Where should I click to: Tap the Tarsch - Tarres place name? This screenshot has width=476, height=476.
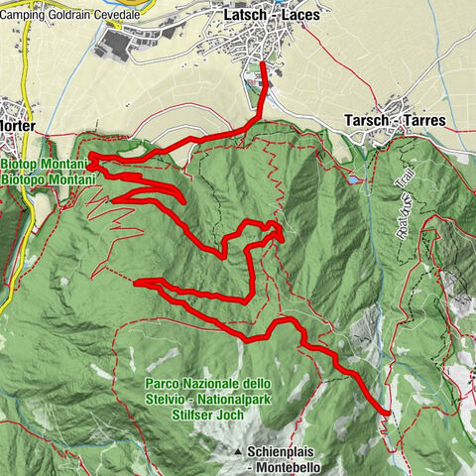(x=395, y=120)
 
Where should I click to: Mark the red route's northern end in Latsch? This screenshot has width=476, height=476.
(x=262, y=63)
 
